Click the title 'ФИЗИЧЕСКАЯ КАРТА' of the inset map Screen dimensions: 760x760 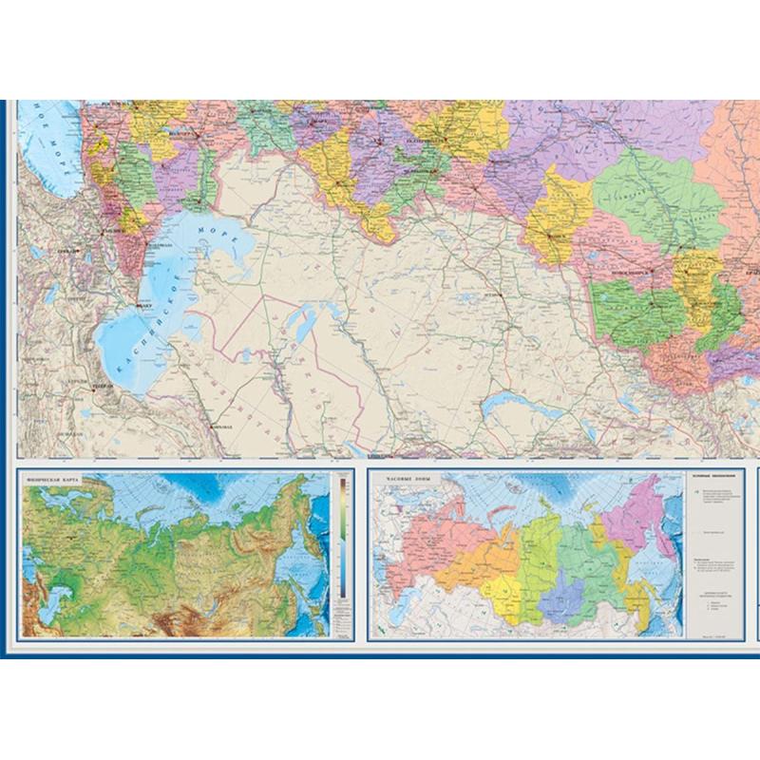[55, 481]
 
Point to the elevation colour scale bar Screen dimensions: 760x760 [337, 541]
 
